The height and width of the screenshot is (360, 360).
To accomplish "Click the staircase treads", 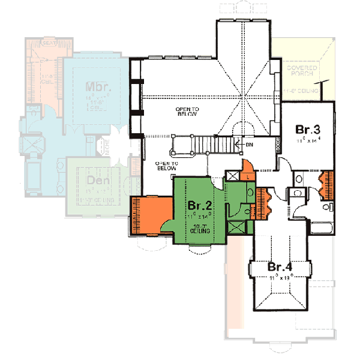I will [212, 144].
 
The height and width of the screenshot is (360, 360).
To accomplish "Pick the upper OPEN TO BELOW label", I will [187, 112].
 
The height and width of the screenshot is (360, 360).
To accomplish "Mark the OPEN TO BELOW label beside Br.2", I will [164, 166].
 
